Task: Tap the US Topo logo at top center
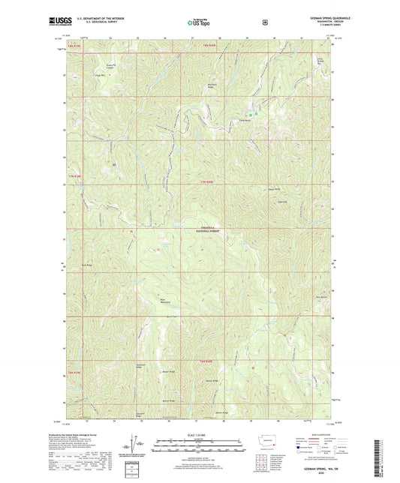[x=199, y=22]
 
